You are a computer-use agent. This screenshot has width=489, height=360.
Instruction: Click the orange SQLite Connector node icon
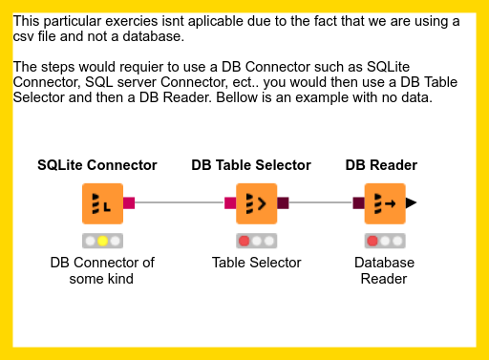click(x=102, y=202)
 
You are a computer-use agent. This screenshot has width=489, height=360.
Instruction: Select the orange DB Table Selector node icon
click(x=256, y=202)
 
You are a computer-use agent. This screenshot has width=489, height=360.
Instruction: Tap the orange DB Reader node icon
click(x=384, y=202)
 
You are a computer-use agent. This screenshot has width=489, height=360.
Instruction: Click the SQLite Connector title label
click(x=97, y=165)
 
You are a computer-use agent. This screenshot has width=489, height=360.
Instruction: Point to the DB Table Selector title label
click(x=251, y=165)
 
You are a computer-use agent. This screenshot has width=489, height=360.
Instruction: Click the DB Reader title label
click(x=381, y=165)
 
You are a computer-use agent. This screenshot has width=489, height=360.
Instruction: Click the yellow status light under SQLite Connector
click(x=102, y=241)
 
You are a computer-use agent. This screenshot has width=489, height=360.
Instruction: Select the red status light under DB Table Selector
click(x=244, y=241)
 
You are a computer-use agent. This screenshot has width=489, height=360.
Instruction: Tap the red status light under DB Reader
click(x=372, y=241)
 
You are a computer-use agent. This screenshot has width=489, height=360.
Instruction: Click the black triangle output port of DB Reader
click(x=411, y=202)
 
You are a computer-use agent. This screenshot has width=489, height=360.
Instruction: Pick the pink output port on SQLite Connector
click(x=129, y=202)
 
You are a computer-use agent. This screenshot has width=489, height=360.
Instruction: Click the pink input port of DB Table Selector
click(x=230, y=202)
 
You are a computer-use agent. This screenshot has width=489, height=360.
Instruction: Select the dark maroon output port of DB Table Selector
click(x=283, y=202)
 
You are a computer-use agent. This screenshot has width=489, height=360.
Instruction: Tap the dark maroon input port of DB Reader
click(x=358, y=202)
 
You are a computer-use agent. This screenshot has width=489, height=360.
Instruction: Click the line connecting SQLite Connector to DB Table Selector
click(x=180, y=202)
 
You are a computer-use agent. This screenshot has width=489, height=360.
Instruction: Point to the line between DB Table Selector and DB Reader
click(x=320, y=202)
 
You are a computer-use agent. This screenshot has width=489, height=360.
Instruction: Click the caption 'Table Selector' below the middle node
click(x=256, y=263)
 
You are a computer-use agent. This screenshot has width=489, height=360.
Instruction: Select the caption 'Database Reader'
click(x=384, y=270)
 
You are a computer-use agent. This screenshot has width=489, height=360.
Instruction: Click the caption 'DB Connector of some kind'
click(x=102, y=270)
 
